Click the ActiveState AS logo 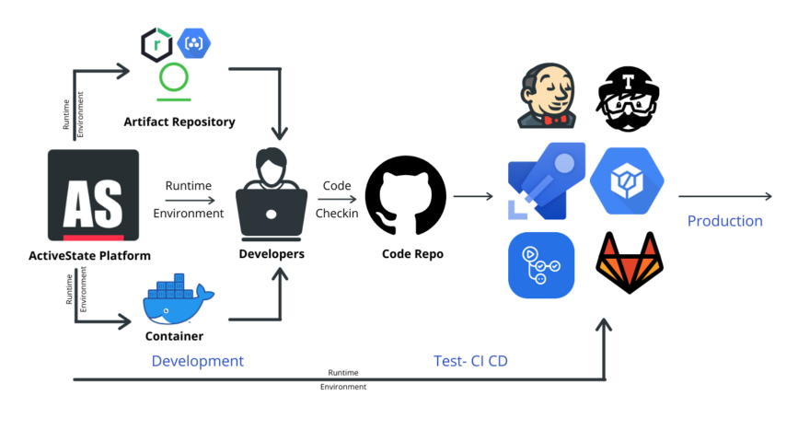click(93, 195)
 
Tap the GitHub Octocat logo click(406, 196)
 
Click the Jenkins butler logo click(547, 95)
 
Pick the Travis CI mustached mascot click(628, 99)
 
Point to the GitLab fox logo click(630, 262)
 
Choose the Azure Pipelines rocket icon click(547, 181)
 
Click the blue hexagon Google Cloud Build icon click(627, 180)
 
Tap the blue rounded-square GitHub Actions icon click(541, 265)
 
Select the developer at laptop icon click(272, 194)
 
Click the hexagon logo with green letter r click(156, 45)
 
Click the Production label click(724, 221)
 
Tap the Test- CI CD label click(470, 361)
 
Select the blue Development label click(198, 361)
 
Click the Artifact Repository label click(179, 122)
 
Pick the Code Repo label click(412, 254)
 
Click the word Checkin click(336, 214)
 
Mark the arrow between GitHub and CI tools click(473, 196)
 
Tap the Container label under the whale click(174, 336)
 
